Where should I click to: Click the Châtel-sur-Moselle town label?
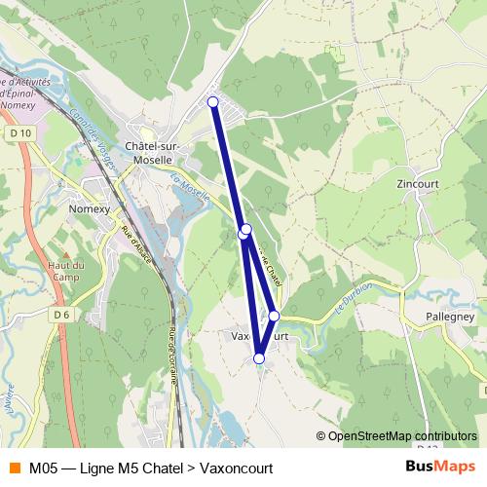point(149,153)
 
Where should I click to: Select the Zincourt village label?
point(419,182)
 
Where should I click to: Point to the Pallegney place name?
point(449,317)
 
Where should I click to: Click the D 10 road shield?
point(21,132)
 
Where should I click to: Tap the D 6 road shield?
point(62,315)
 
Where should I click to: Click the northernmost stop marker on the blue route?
point(213,101)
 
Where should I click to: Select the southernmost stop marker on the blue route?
point(259,358)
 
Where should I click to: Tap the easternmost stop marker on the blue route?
point(275,316)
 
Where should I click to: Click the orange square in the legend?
point(14,468)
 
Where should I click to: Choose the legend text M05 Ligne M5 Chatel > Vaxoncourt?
point(151,468)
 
